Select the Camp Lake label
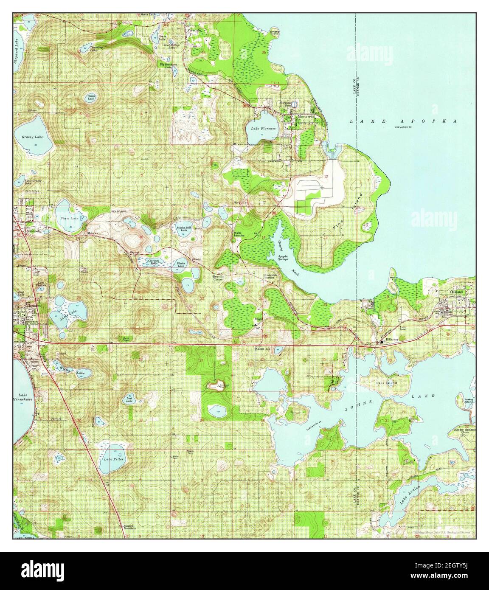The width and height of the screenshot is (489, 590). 91,98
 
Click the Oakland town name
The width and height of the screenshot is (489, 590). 459,292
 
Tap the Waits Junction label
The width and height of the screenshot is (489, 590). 238,234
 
